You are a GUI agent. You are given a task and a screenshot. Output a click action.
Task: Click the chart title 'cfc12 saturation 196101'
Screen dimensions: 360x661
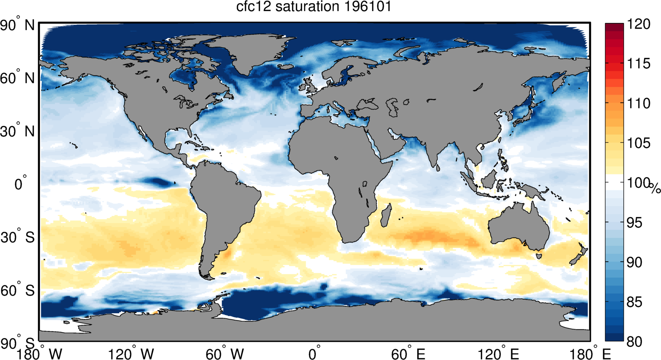[x=313, y=7]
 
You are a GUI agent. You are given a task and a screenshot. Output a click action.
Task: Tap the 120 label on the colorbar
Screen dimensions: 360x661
[x=638, y=25]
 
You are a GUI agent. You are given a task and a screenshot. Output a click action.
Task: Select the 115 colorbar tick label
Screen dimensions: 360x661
[x=638, y=64]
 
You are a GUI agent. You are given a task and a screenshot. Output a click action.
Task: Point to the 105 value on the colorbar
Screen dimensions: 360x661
[x=638, y=143]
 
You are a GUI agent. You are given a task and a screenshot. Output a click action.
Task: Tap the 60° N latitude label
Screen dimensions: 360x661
[x=17, y=78]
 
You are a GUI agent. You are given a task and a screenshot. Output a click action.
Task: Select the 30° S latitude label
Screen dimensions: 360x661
[x=17, y=237]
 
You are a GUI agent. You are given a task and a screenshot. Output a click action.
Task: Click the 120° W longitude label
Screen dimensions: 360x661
[x=131, y=354]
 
